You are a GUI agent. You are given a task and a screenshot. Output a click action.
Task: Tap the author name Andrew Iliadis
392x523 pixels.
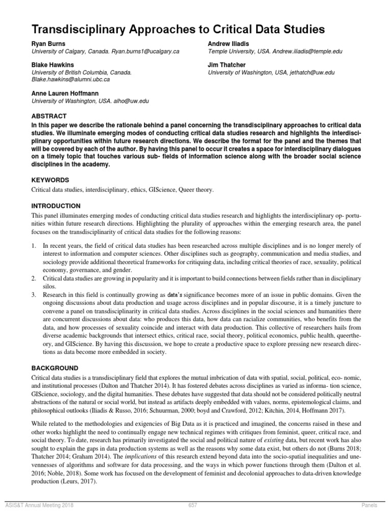(229, 44)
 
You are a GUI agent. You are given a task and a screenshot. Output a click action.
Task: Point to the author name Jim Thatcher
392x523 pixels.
(227, 65)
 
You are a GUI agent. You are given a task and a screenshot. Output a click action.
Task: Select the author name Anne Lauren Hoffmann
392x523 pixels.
(65, 93)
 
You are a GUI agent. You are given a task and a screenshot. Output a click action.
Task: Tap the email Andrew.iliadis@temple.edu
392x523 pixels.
(307, 52)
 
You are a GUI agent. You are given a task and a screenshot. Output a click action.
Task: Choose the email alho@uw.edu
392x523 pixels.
(132, 101)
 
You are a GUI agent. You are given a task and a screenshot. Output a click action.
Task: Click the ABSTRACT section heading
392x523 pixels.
(49, 116)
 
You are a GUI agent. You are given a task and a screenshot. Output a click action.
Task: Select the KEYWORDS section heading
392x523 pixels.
(50, 180)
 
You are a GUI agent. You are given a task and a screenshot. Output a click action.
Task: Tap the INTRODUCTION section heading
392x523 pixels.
(56, 206)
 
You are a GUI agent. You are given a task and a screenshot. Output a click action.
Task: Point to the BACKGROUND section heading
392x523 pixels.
(55, 368)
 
